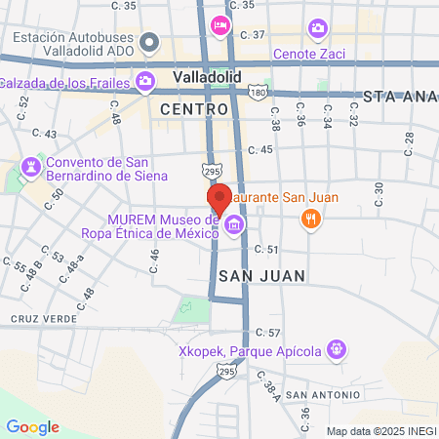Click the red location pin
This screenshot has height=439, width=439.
pos(219,199)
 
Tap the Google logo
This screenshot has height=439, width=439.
pos(32,427)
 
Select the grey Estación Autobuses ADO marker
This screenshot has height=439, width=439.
pos(149,43)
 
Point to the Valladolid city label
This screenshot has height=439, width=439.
pos(206,77)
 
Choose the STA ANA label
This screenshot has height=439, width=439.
pos(400,98)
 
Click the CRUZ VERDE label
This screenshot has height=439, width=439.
pos(37,318)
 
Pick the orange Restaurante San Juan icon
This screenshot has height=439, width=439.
pos(310,219)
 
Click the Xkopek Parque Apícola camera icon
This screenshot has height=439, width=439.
pos(337,347)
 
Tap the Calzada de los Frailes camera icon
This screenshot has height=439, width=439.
pos(145,80)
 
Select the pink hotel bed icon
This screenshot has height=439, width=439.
pos(220,23)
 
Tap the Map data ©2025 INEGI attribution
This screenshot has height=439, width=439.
pos(380,431)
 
